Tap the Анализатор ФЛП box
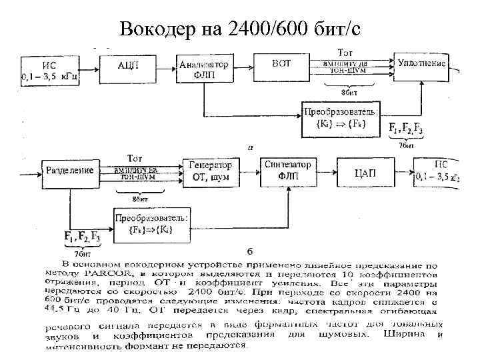[x=204, y=69]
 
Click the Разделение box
[x=69, y=171]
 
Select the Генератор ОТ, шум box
[x=211, y=171]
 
